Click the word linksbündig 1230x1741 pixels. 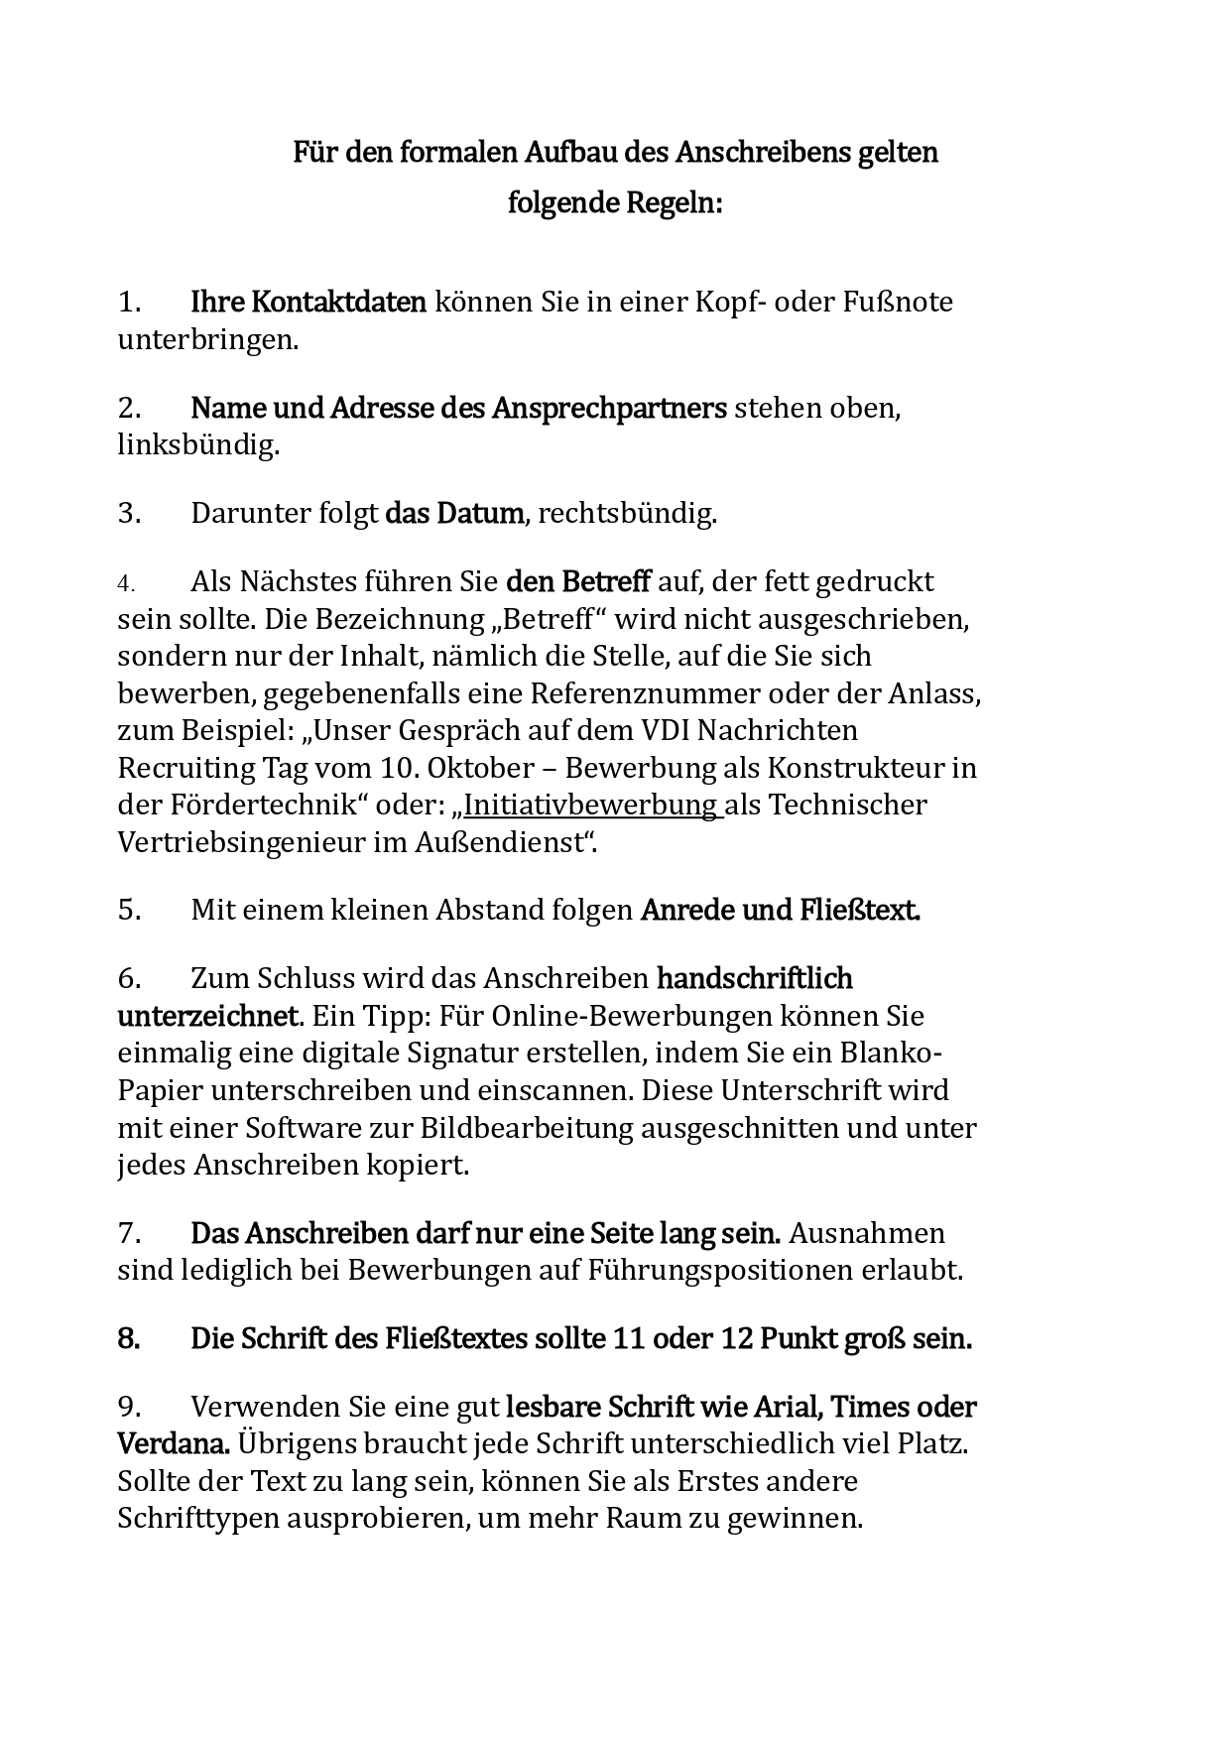point(198,445)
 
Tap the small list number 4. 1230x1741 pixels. point(126,582)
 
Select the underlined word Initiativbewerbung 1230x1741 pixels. point(592,805)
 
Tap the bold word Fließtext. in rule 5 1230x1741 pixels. point(860,911)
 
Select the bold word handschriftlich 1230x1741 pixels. point(755,979)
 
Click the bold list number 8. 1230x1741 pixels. point(129,1339)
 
